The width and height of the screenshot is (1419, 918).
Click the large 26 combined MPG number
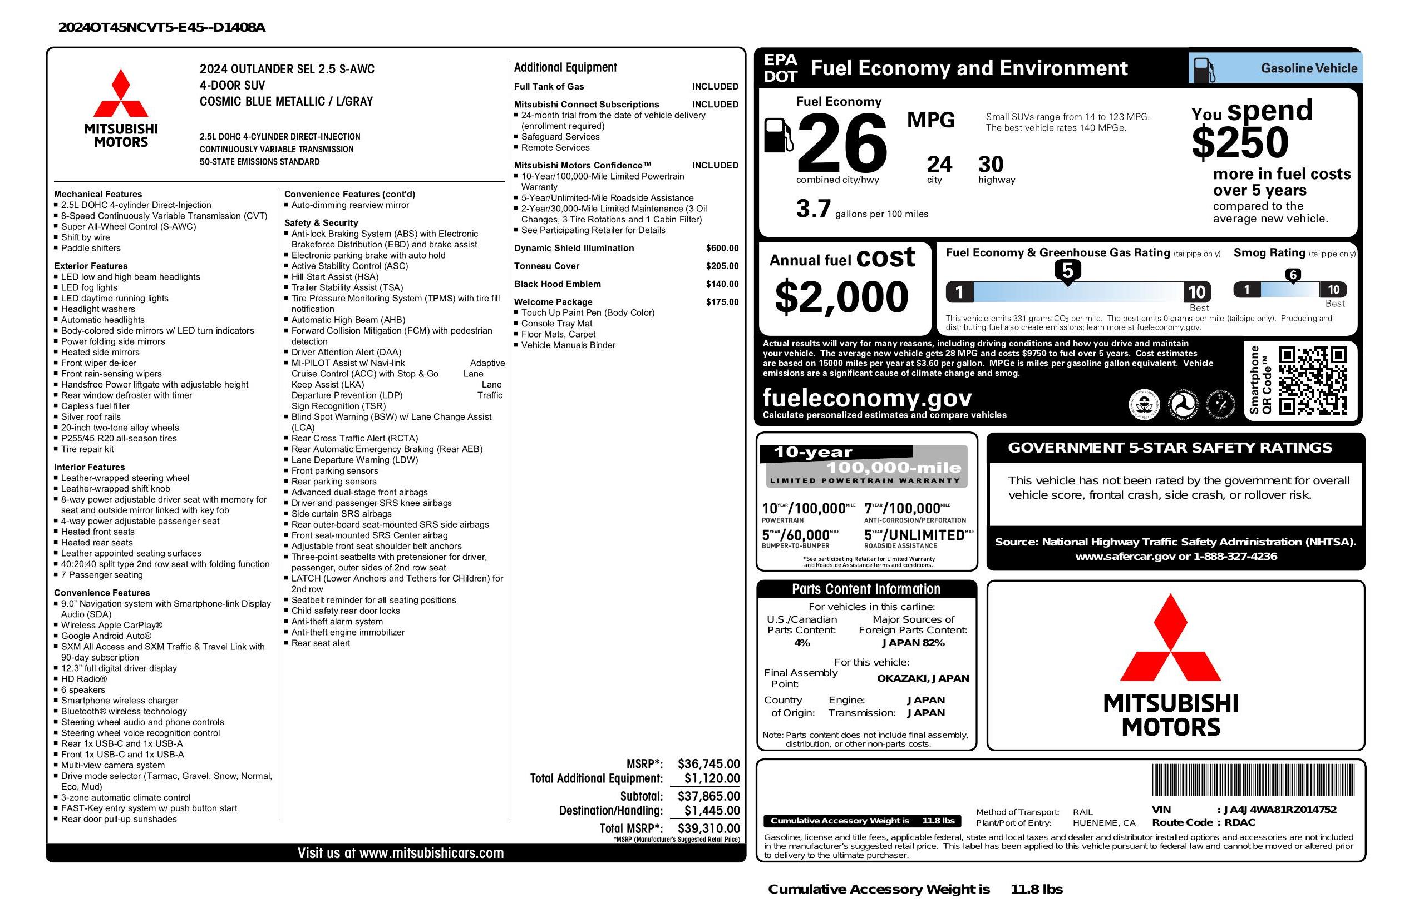point(841,143)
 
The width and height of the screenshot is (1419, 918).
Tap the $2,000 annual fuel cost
point(841,297)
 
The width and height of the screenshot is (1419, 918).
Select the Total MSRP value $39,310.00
point(708,828)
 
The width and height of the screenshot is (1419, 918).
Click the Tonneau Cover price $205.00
point(722,266)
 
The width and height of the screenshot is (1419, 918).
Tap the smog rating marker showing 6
point(1293,275)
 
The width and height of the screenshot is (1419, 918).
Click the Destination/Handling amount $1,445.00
point(711,810)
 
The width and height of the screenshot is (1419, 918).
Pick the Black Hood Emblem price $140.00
point(722,284)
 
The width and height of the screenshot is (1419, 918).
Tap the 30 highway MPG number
point(991,165)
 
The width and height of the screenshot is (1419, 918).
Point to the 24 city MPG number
point(939,165)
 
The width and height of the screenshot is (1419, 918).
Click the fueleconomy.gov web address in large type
point(867,398)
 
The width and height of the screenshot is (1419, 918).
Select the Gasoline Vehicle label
point(1308,68)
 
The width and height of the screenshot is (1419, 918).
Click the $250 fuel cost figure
point(1240,143)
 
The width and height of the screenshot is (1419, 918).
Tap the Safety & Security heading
point(321,223)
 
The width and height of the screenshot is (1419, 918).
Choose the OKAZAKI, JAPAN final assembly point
point(923,678)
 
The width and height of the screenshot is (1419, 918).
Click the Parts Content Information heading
point(866,589)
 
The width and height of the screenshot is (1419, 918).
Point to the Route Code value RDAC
point(1240,823)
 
